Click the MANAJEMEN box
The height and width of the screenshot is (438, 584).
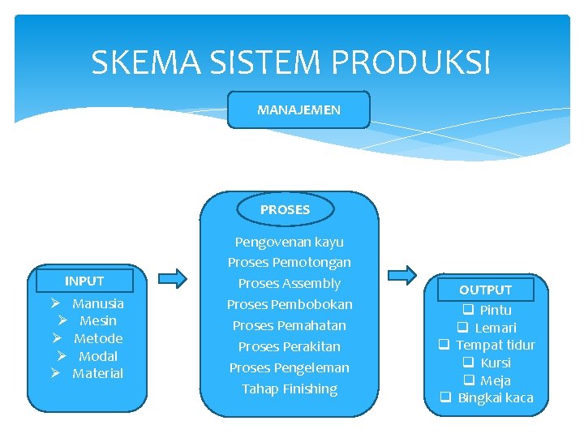[298, 109]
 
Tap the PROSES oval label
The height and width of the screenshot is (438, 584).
[285, 209]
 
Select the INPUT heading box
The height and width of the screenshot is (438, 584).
[84, 281]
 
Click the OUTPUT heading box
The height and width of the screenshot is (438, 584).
[485, 290]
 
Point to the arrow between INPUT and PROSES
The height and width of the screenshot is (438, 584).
[172, 278]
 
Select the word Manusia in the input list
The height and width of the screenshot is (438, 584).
[98, 303]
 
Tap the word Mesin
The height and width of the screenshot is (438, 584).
[98, 320]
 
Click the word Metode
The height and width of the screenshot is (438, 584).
[98, 338]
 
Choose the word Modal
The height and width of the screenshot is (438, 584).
[98, 356]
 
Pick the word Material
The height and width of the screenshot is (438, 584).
[98, 373]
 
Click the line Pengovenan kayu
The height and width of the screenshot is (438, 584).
[290, 242]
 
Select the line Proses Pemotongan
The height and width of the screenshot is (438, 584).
[290, 262]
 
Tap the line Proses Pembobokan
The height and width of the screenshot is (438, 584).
[290, 304]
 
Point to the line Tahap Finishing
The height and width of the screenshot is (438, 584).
[290, 389]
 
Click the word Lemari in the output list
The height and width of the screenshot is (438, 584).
[496, 328]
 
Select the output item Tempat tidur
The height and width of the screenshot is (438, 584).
[496, 345]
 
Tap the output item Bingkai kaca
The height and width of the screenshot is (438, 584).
[496, 397]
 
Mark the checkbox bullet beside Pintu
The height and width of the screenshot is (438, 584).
[468, 310]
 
